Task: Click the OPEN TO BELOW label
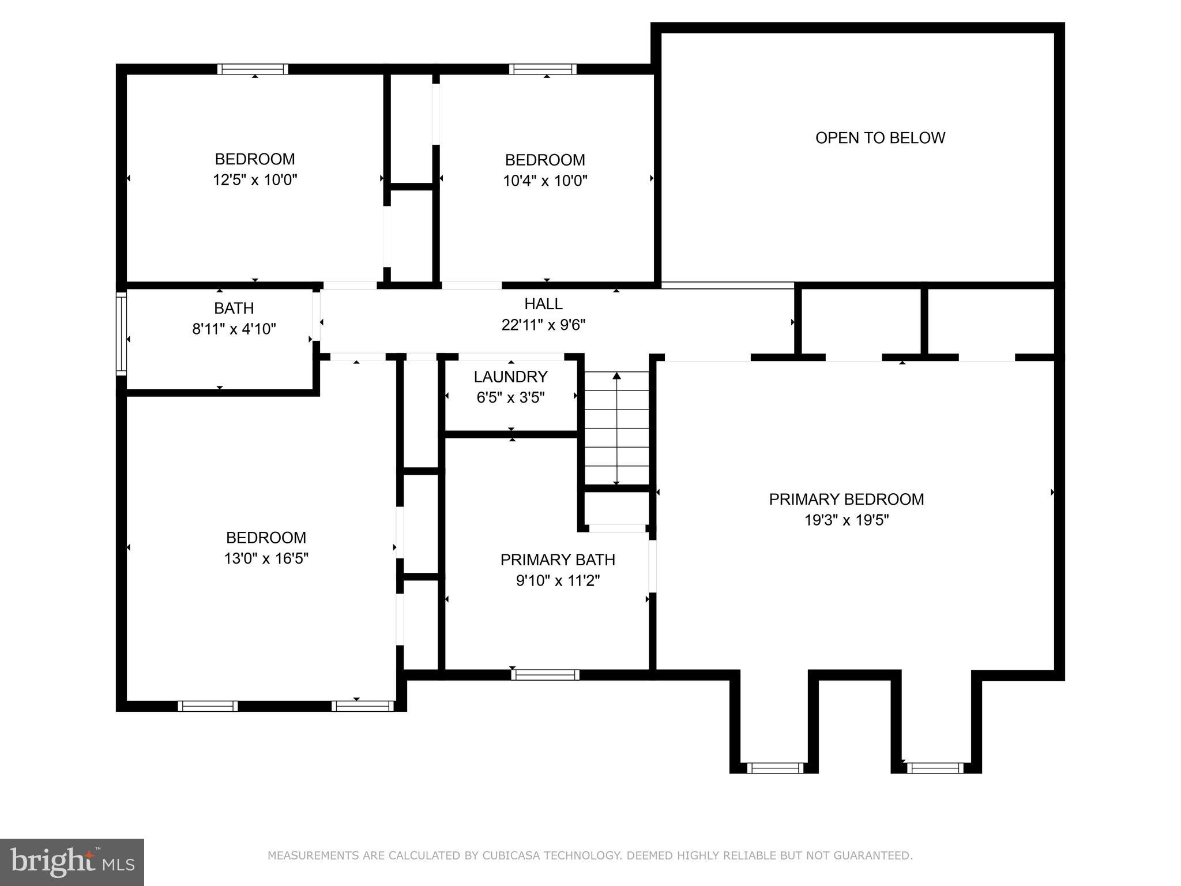click(880, 138)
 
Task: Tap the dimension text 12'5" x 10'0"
click(255, 180)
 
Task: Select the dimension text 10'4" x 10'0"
click(545, 181)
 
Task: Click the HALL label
click(543, 303)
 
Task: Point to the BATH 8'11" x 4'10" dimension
click(234, 329)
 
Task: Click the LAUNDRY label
click(510, 377)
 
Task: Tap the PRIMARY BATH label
click(558, 560)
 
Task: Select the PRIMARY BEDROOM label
click(846, 499)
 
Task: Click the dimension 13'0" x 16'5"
click(266, 558)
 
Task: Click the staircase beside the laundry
click(616, 429)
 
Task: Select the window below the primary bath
click(545, 674)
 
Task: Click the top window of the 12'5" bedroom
click(253, 69)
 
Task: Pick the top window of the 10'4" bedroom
click(543, 69)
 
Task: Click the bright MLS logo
click(72, 862)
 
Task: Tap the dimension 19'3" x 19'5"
click(846, 520)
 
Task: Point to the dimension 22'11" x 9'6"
click(543, 325)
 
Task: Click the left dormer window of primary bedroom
click(775, 768)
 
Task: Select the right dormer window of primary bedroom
click(935, 768)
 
